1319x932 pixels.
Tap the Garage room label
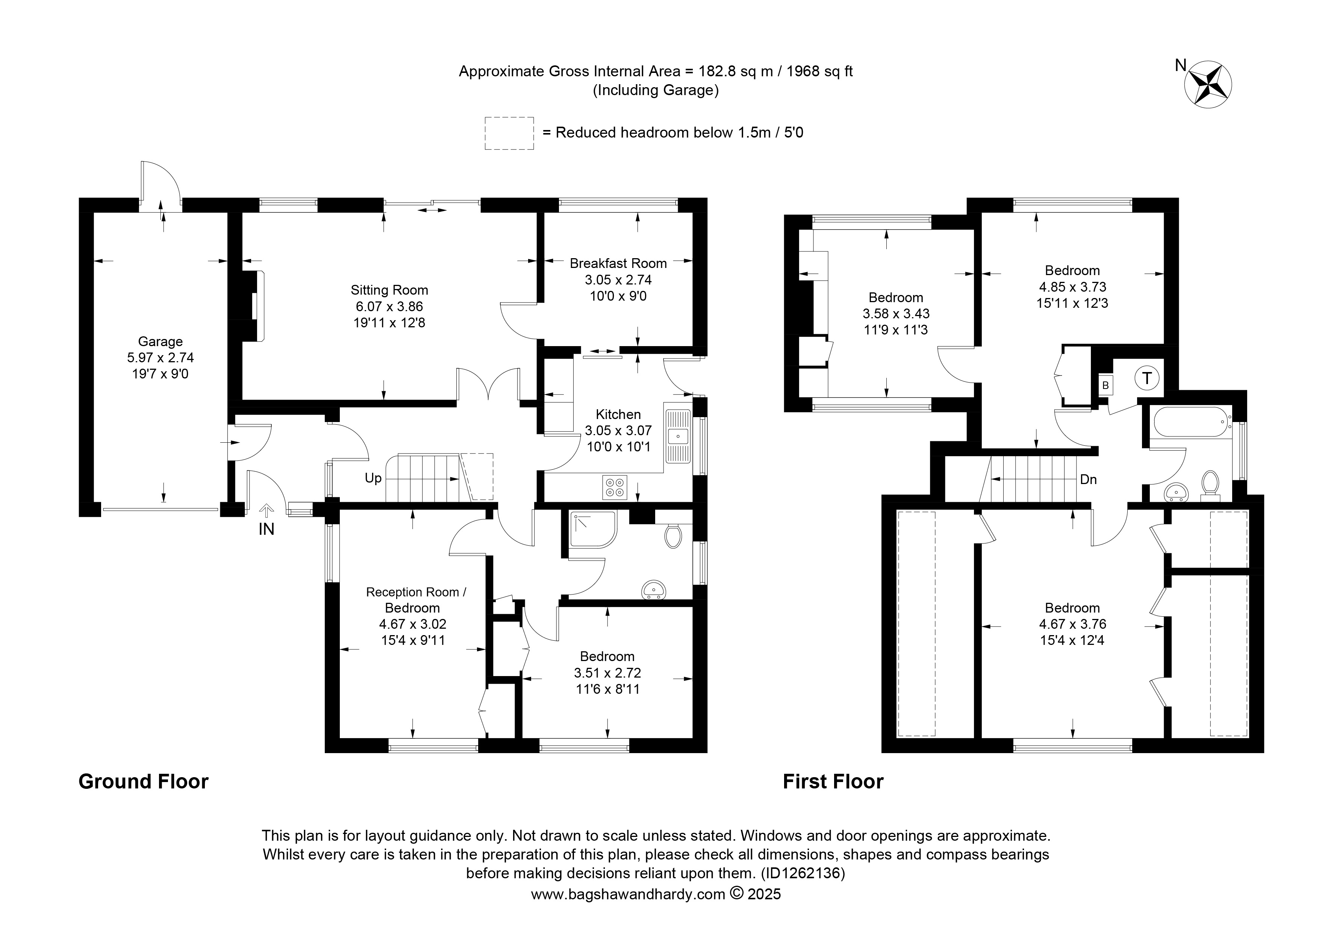click(x=160, y=342)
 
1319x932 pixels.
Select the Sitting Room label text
click(x=389, y=290)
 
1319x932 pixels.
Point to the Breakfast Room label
click(x=618, y=263)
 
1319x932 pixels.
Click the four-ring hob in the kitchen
click(x=615, y=487)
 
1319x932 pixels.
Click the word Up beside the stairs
click(x=373, y=478)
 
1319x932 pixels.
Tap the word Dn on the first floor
click(x=1089, y=480)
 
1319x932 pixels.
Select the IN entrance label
click(x=267, y=529)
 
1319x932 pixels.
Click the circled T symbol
click(x=1147, y=378)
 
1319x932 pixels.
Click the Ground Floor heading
click(x=144, y=782)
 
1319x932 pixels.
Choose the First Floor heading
click(x=833, y=782)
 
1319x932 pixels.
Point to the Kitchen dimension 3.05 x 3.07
click(x=618, y=430)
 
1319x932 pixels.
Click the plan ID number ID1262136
click(x=803, y=873)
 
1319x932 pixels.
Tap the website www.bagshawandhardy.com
click(x=628, y=894)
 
